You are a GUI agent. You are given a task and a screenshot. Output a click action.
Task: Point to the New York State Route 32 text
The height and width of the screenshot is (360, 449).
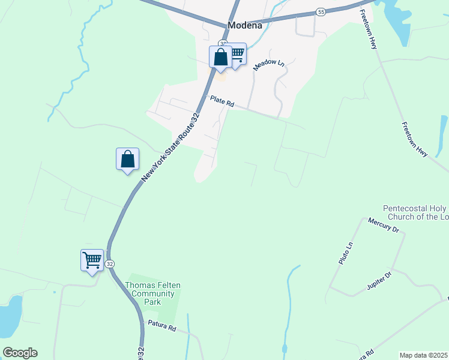coord(172,146)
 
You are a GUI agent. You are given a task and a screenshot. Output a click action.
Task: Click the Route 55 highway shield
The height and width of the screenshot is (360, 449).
coord(321,12)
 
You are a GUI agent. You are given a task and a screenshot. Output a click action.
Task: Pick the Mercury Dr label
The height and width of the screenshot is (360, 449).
coord(384,228)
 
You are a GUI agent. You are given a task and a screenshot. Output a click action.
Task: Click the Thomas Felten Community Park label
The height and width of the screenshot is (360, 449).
coord(152,294)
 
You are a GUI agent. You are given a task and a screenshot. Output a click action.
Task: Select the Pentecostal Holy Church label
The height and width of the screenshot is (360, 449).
coord(415,212)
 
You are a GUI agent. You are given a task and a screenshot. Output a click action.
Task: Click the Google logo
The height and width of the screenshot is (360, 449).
coord(20,353)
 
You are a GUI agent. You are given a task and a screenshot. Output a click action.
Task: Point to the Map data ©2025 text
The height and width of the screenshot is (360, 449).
coord(423,355)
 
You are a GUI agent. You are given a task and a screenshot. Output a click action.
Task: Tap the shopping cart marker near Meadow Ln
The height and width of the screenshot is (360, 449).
coord(237,55)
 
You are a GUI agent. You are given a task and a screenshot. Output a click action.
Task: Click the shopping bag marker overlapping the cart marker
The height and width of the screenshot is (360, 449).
coord(220,58)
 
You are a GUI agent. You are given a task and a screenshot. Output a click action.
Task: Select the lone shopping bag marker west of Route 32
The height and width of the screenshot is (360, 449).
coord(127,160)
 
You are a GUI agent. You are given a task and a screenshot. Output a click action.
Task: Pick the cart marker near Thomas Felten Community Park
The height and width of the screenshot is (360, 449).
coord(92,260)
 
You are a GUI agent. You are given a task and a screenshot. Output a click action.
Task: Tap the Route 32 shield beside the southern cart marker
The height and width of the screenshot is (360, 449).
coord(109,264)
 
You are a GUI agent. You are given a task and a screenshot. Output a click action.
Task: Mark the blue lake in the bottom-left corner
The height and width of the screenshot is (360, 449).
coord(10,315)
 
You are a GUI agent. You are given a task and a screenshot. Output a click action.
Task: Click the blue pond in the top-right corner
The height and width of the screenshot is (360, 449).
coord(396,21)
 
